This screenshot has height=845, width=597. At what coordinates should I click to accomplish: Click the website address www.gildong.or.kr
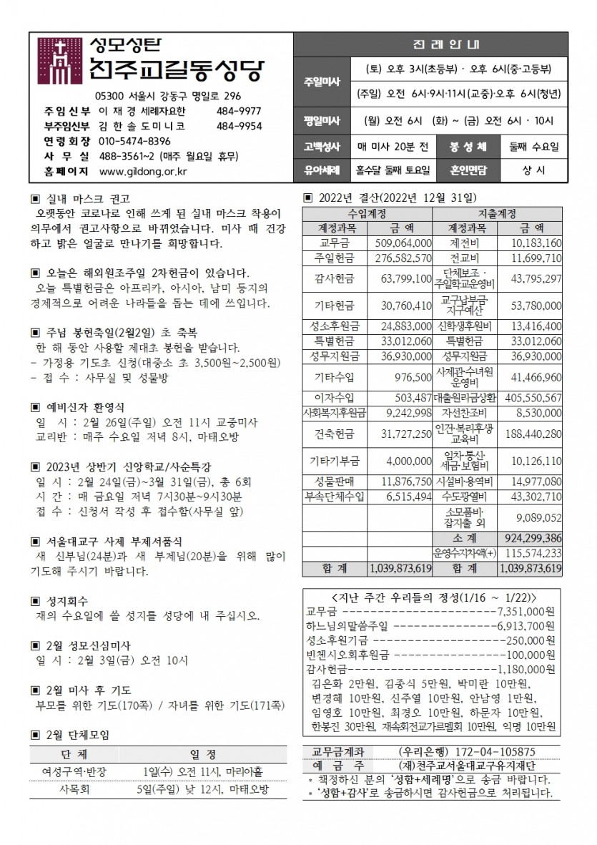tap(142, 171)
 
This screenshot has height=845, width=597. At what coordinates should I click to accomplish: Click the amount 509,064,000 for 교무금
tap(402, 244)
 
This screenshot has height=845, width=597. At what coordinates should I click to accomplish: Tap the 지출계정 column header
tap(498, 214)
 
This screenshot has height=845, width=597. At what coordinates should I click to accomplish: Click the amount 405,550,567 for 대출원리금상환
tap(532, 396)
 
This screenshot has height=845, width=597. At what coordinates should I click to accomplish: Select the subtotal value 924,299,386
tap(532, 537)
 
